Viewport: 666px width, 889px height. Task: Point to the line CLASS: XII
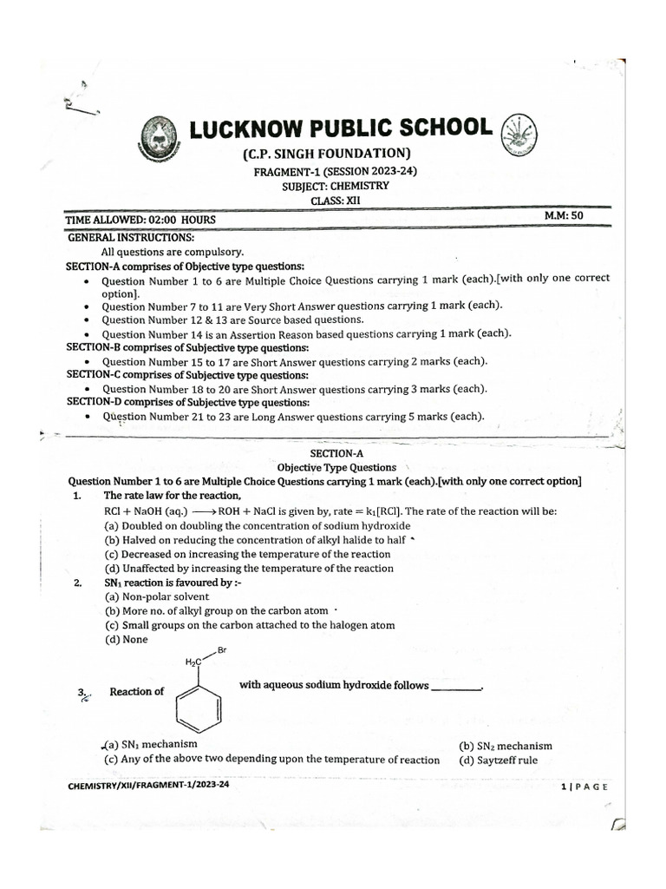point(334,201)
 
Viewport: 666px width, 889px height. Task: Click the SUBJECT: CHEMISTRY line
point(335,186)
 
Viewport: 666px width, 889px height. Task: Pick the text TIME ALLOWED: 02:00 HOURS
point(142,221)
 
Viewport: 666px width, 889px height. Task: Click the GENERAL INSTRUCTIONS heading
point(131,237)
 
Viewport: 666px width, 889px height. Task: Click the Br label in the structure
point(223,649)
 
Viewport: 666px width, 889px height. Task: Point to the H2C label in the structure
point(193,662)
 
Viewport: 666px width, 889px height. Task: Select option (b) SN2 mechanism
point(506,746)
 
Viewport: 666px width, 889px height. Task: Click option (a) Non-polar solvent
point(157,596)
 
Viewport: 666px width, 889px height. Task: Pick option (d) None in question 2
point(126,639)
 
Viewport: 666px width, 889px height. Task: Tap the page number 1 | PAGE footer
point(584,787)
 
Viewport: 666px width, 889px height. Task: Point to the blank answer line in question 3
point(455,688)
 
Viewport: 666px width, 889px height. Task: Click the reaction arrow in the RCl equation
point(204,511)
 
